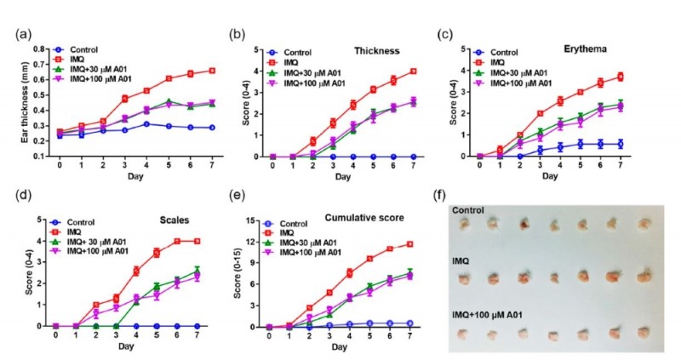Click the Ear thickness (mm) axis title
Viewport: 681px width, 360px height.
coord(14,103)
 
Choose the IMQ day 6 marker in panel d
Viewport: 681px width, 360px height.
coord(177,241)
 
